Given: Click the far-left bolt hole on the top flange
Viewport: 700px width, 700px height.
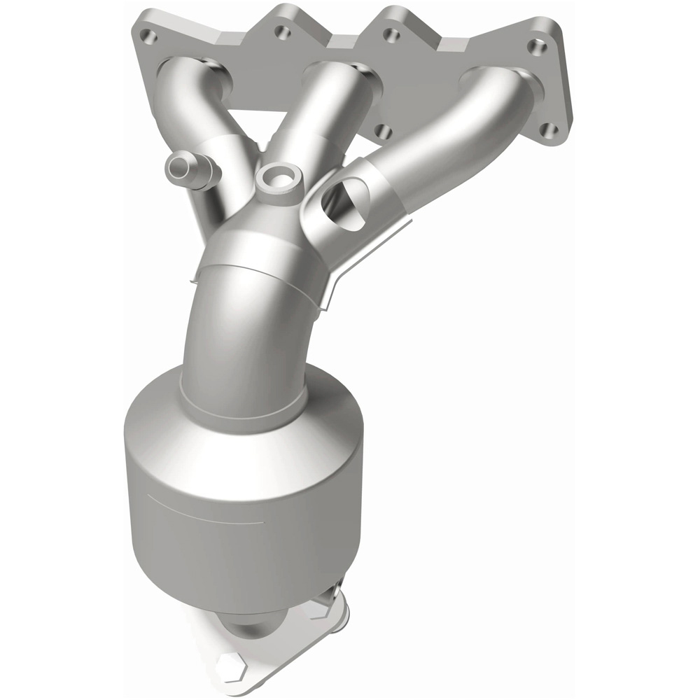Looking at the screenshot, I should (x=146, y=33).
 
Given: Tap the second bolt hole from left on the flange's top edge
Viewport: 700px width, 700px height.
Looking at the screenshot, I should (x=281, y=31).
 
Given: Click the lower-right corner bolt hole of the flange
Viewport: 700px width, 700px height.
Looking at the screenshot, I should (x=551, y=129).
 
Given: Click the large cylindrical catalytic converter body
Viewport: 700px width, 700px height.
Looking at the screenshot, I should (x=238, y=504).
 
